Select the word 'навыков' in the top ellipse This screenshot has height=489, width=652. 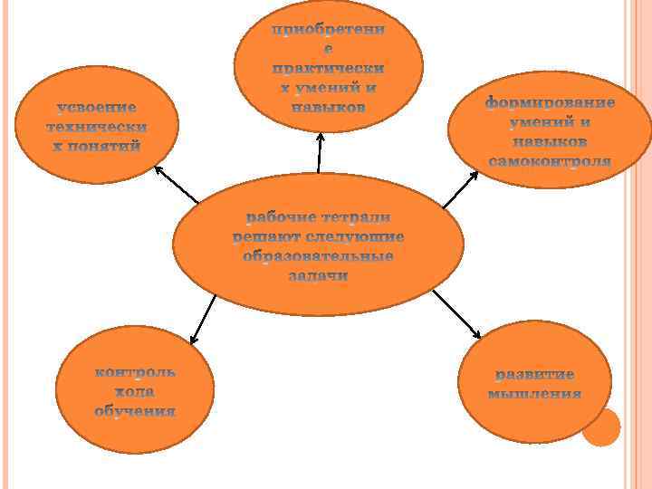pyautogui.click(x=328, y=107)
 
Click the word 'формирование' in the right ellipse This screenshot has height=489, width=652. pyautogui.click(x=550, y=102)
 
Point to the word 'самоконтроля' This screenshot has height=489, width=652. pyautogui.click(x=550, y=162)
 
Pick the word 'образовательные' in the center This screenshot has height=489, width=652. pyautogui.click(x=319, y=257)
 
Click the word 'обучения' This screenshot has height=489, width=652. pyautogui.click(x=136, y=411)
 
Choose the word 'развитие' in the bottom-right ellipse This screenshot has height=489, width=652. pyautogui.click(x=534, y=374)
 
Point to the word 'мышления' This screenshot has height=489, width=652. pyautogui.click(x=534, y=394)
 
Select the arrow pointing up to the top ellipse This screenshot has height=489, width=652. pyautogui.click(x=319, y=154)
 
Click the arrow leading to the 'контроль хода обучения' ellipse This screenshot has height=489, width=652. pyautogui.click(x=204, y=319)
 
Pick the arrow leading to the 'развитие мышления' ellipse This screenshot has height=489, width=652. pyautogui.click(x=456, y=317)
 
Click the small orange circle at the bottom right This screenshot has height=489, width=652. pyautogui.click(x=600, y=427)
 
